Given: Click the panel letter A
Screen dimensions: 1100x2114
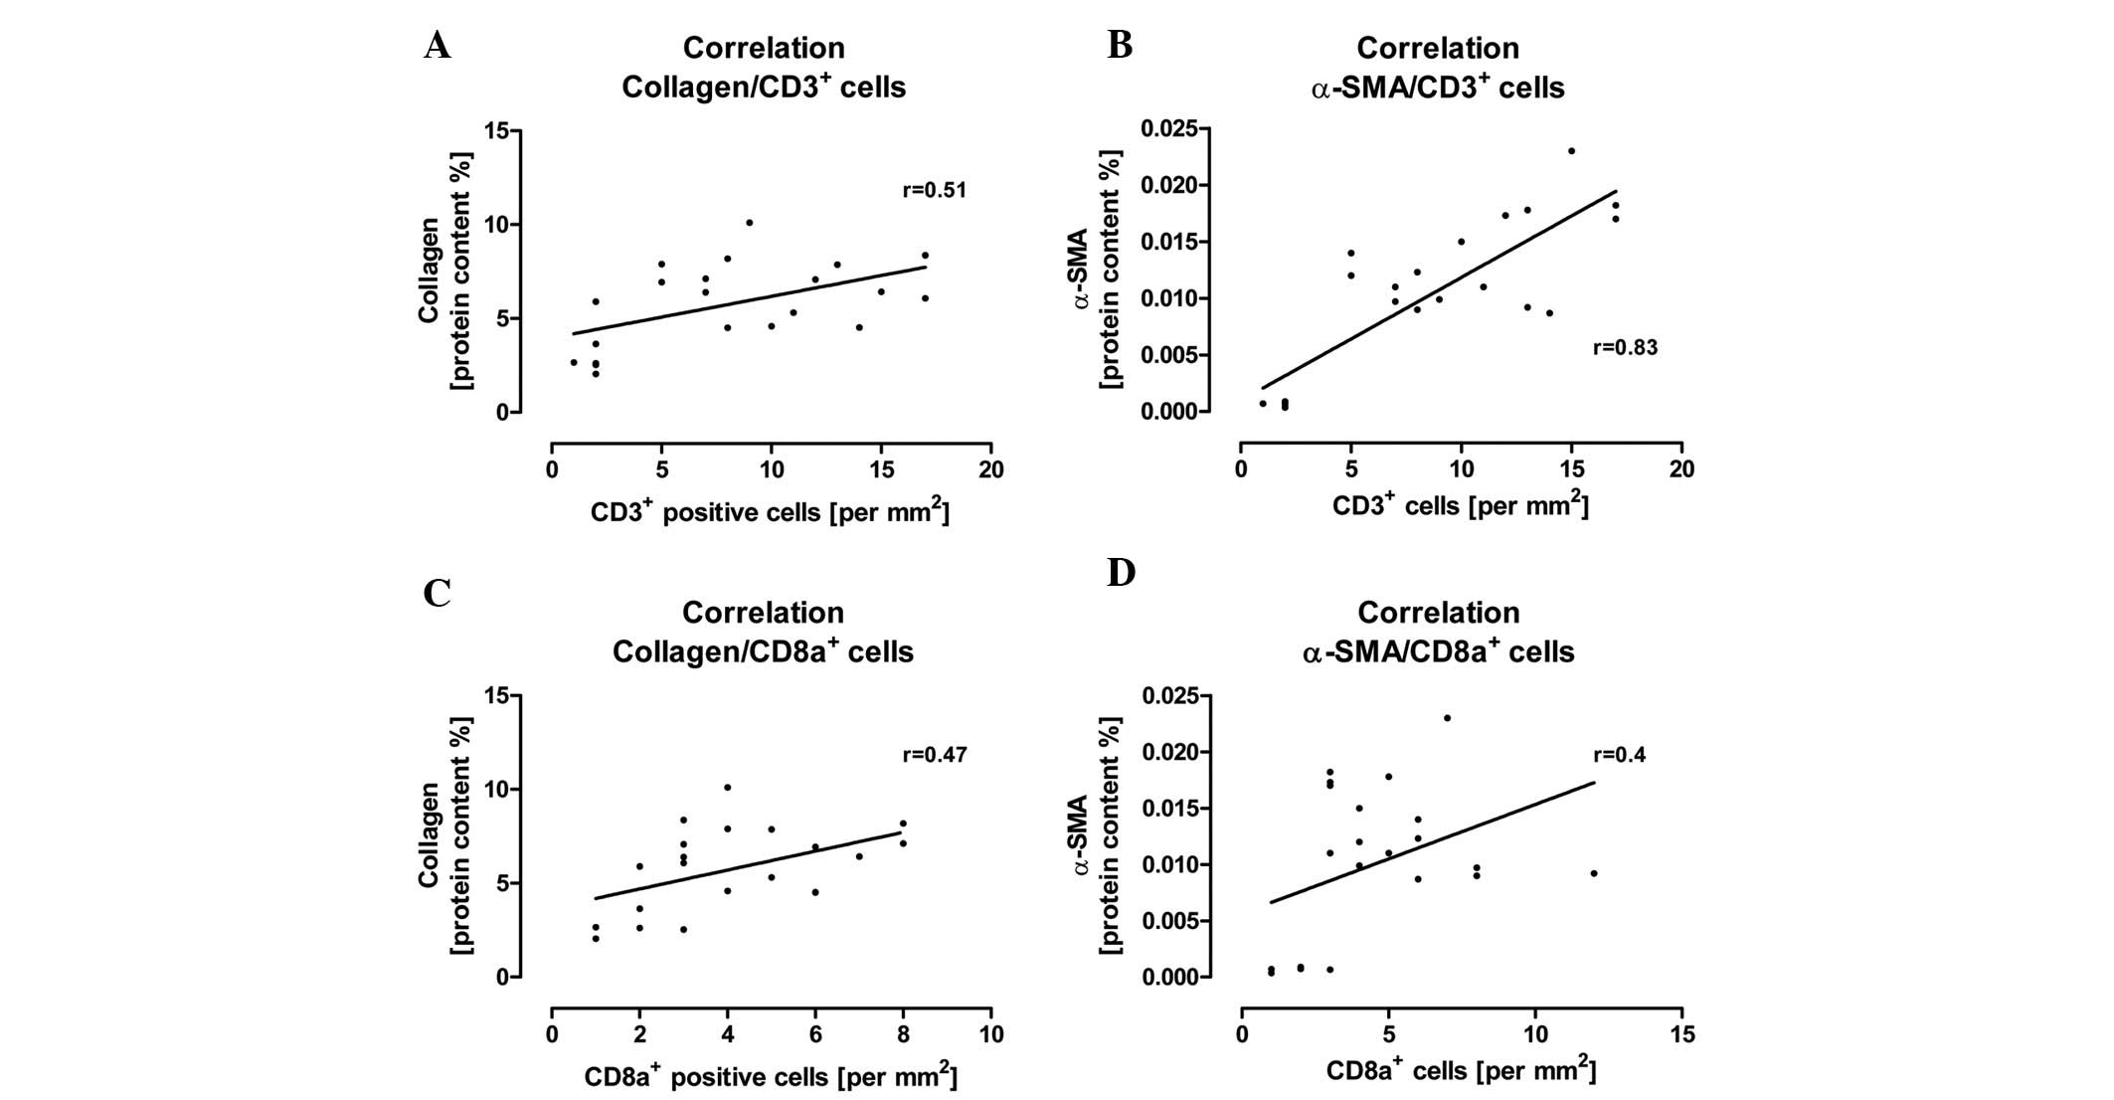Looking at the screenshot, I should [437, 46].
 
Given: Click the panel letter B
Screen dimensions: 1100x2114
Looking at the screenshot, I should [1120, 46].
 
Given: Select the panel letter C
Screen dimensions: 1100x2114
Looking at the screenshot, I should [437, 593].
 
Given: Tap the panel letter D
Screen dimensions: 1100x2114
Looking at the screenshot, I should [1121, 574].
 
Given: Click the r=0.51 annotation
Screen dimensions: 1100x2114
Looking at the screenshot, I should [934, 190].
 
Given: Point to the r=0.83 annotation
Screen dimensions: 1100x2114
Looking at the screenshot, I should [1625, 348].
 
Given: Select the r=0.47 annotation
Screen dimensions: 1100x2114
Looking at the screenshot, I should [934, 755].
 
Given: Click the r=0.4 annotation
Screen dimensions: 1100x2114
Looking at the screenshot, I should [1619, 755].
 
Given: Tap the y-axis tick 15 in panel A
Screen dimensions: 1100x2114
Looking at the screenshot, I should [495, 131].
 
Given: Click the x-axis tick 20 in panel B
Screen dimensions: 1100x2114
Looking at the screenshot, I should [1681, 469].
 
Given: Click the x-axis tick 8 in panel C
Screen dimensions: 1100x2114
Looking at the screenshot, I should [903, 1034].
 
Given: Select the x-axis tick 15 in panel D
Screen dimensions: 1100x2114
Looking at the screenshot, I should [1681, 1034].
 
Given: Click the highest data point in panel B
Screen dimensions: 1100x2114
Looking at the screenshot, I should [1571, 151].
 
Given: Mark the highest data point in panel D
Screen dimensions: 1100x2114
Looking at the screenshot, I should [1447, 717].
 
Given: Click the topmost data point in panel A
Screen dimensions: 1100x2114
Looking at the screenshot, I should [749, 223].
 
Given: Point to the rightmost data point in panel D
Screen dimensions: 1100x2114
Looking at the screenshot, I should [1594, 873].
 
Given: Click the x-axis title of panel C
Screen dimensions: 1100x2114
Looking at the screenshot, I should [771, 1076].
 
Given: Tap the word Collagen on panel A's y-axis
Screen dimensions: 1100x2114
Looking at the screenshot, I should [429, 271].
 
